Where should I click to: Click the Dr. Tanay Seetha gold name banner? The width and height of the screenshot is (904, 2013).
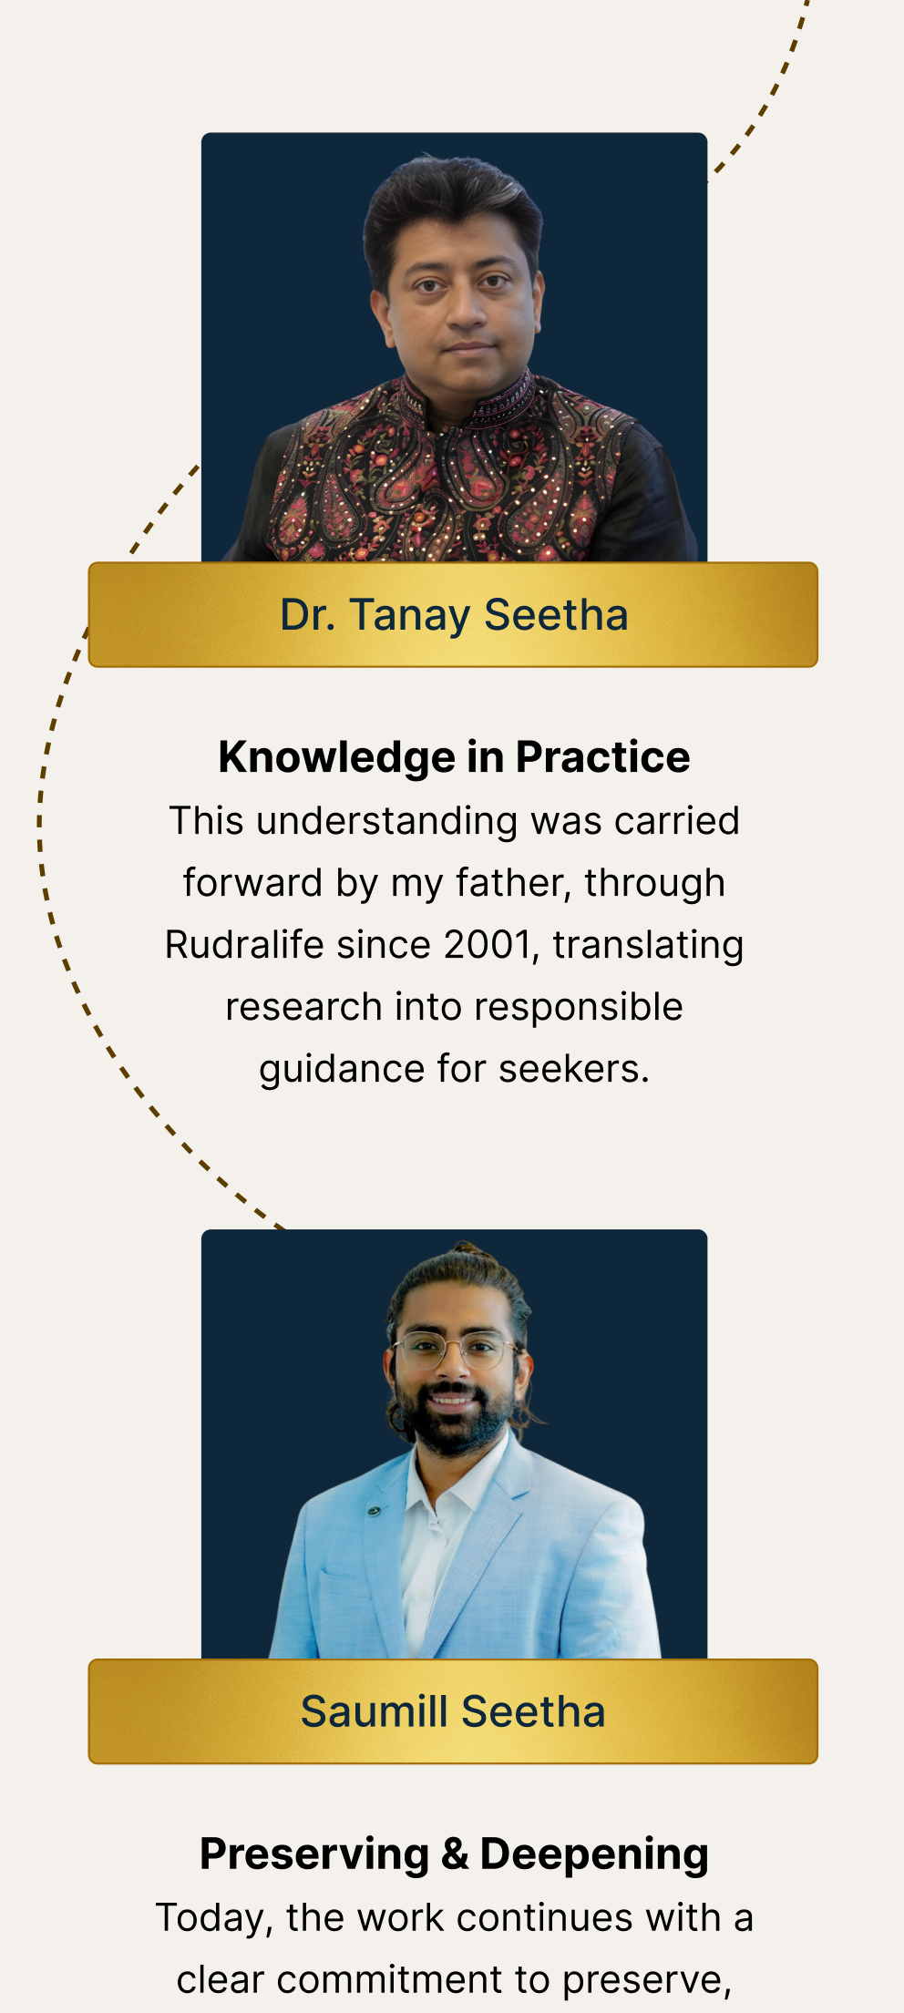(453, 614)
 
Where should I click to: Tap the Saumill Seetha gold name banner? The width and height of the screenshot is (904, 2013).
(453, 1711)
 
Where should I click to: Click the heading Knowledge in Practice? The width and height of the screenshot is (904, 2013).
(454, 757)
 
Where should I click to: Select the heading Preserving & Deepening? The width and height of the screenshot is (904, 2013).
(454, 1854)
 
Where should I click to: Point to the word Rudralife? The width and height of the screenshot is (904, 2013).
(244, 945)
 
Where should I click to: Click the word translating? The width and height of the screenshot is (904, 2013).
(648, 946)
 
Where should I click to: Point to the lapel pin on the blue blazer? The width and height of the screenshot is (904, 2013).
(374, 1511)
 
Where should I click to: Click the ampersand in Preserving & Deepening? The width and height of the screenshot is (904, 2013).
(455, 1855)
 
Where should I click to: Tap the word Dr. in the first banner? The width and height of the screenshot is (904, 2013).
(307, 615)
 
